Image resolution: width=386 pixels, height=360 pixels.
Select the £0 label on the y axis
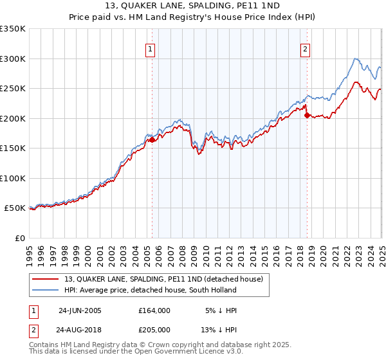click(19, 238)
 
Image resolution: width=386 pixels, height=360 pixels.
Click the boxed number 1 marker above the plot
click(151, 50)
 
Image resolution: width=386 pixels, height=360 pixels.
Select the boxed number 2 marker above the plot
click(305, 50)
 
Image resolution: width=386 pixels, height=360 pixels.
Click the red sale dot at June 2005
click(152, 139)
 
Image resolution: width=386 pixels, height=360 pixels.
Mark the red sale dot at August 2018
click(307, 115)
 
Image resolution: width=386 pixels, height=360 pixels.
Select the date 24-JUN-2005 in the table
click(80, 310)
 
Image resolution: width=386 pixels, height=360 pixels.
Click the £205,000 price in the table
click(154, 329)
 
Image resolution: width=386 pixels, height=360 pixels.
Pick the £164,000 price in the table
click(154, 310)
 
